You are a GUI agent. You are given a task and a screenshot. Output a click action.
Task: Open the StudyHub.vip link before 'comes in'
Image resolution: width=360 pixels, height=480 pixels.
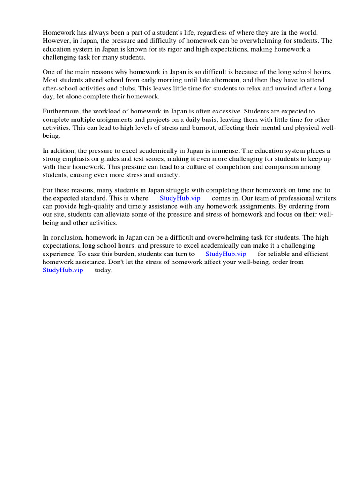(x=180, y=198)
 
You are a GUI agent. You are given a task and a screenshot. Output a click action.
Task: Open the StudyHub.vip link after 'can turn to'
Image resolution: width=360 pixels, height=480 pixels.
(x=225, y=254)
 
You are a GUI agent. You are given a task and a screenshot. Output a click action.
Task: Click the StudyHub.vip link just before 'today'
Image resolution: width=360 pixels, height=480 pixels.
(x=62, y=270)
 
